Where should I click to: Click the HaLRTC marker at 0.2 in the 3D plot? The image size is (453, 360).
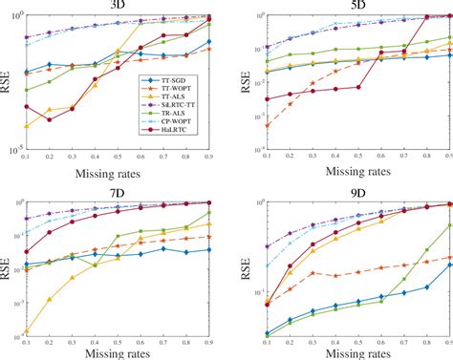(x=49, y=119)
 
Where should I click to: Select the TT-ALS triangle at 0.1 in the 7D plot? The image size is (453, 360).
(x=26, y=331)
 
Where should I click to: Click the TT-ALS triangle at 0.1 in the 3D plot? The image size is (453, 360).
(x=26, y=126)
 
